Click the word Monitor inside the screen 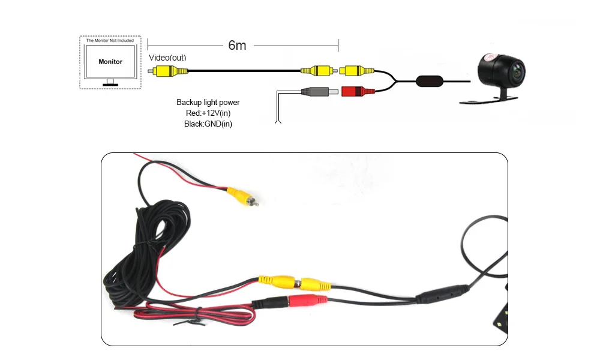110,62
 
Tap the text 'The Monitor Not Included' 110,40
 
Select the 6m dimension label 237,45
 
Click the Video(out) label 167,58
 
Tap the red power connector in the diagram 358,91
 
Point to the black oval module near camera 430,81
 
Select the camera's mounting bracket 488,100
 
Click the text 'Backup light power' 208,102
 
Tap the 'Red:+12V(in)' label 208,113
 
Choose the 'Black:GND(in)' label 208,124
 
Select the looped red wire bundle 194,315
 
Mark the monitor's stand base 110,85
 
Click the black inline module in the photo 443,294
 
